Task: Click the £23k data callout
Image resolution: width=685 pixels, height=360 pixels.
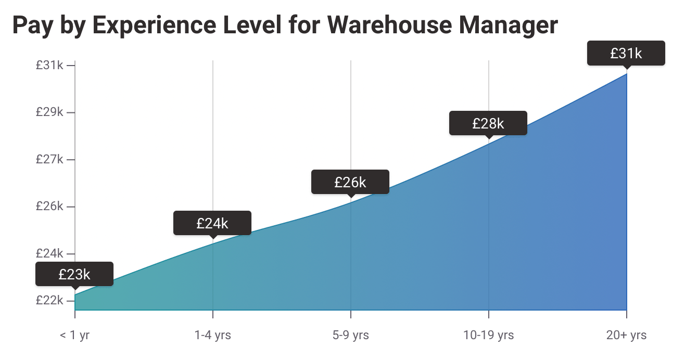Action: pos(74,274)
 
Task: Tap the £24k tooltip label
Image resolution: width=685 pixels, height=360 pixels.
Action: pos(212,223)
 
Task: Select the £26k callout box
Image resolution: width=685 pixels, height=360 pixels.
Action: pos(350,182)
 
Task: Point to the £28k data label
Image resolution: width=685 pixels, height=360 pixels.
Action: pos(488,123)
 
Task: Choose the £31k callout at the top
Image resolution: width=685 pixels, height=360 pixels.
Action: pos(626,53)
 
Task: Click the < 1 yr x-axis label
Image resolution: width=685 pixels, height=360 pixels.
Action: pos(74,335)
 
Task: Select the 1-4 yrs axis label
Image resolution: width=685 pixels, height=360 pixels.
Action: pos(212,335)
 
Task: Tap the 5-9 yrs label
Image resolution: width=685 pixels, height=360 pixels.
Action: pos(350,335)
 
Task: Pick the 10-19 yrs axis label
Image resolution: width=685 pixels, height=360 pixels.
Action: pos(488,335)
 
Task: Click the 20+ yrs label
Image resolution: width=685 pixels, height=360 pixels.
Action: pos(626,335)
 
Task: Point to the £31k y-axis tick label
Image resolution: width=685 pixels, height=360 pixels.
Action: pos(49,66)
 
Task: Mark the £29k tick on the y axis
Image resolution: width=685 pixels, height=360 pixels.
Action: pos(49,112)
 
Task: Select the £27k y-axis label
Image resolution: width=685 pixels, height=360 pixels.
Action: pos(49,159)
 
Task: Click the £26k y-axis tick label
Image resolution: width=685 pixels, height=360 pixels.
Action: pos(49,207)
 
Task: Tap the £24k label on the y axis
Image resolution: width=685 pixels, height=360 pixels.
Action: pos(49,253)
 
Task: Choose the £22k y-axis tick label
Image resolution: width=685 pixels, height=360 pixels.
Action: pos(49,301)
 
